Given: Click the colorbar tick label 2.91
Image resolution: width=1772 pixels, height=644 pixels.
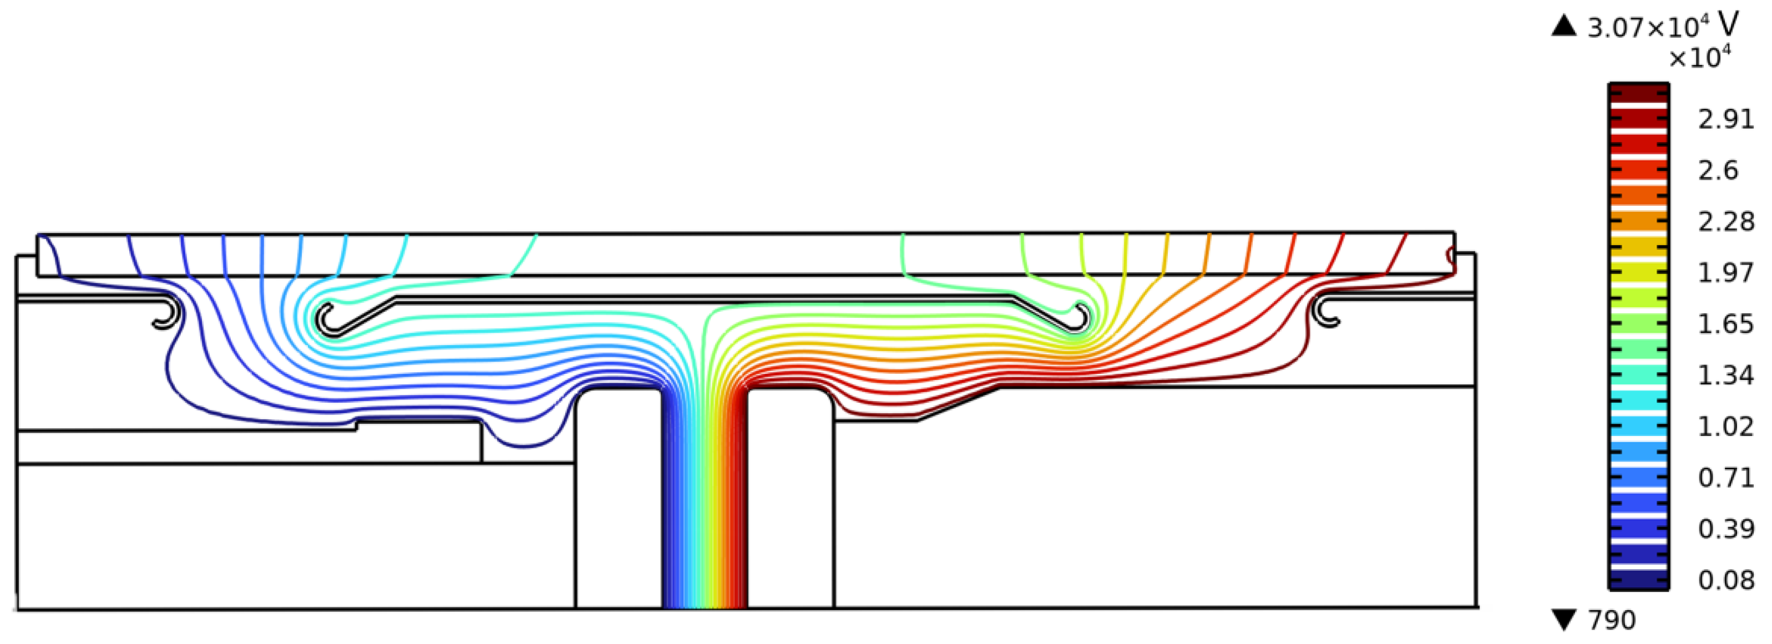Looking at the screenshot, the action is pos(1726,119).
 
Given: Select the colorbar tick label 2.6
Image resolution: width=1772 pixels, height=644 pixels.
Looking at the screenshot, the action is pos(1718,170).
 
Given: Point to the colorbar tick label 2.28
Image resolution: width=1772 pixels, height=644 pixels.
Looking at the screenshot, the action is pos(1726,221).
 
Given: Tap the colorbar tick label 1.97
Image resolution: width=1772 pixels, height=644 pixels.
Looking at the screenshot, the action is pos(1726,272).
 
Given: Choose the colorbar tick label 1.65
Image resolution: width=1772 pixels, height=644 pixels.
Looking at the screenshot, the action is pos(1726,323).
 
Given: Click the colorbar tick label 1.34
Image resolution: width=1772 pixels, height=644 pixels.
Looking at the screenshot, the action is pos(1726,375).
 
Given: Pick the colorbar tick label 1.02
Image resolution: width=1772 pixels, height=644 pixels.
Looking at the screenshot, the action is pos(1726,427).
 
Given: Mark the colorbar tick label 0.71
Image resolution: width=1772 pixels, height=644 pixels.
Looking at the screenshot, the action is pos(1726,478).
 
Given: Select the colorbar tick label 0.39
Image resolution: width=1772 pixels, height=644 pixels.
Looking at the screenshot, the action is pos(1726,529).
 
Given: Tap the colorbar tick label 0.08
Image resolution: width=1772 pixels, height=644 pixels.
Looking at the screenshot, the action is pos(1726,580).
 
